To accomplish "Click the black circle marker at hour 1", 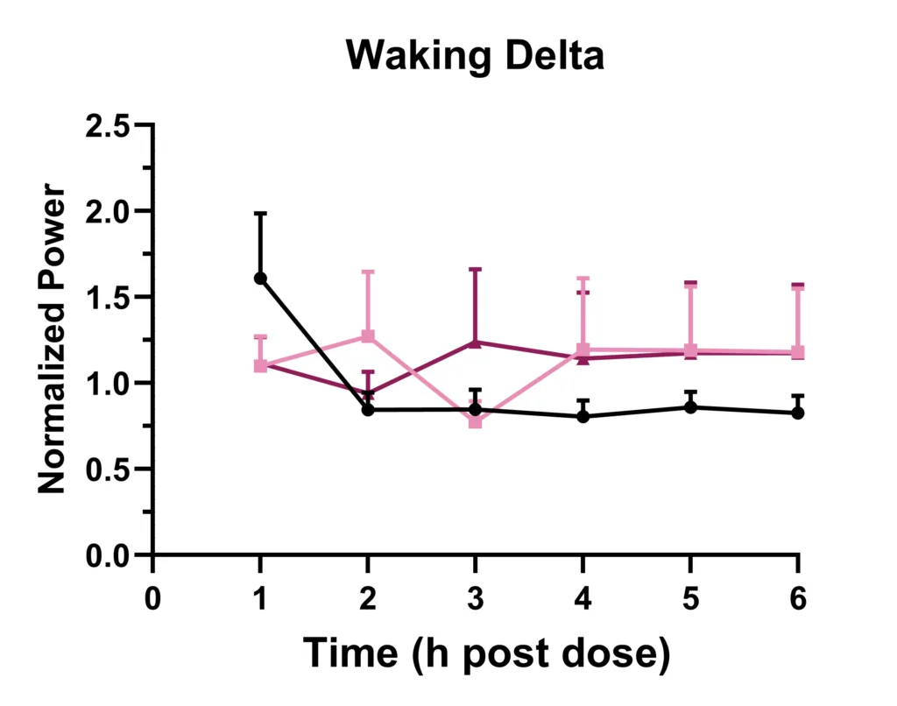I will pos(260,278).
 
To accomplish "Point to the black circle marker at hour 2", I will pos(368,409).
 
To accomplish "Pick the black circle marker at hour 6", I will pos(798,413).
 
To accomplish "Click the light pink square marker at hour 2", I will pos(368,336).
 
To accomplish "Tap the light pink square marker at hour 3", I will pos(476,421).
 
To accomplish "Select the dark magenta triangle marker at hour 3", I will pos(476,342).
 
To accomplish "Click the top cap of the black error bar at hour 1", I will pos(260,213).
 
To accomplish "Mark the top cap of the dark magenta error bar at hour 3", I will pos(476,270).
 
